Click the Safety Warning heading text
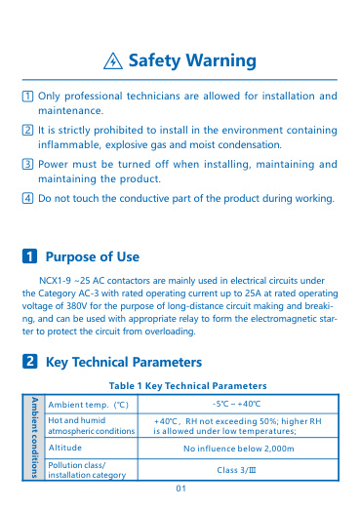click(x=193, y=61)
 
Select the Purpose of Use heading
click(x=93, y=256)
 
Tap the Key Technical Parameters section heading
click(x=132, y=362)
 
